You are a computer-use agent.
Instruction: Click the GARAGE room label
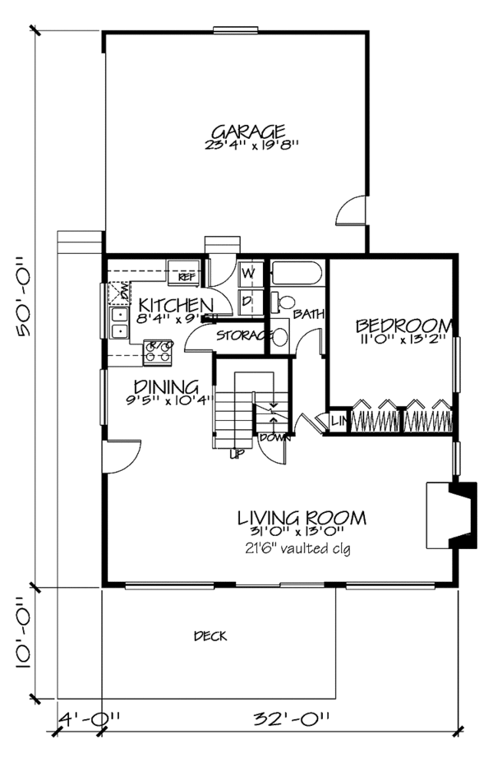248,132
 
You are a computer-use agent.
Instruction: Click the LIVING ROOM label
302,518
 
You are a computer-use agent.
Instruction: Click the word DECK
210,636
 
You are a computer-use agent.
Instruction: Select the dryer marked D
247,301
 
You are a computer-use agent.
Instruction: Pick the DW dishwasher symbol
118,291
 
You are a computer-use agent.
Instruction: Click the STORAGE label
243,335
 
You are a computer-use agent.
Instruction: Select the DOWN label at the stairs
273,436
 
